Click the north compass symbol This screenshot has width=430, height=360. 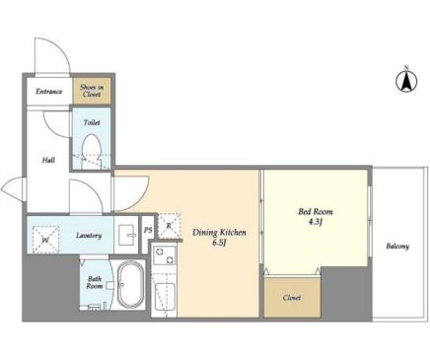tap(406, 80)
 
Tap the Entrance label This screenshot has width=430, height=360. tap(48, 92)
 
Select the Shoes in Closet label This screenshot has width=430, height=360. tap(92, 91)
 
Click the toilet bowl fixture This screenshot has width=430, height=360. tap(91, 149)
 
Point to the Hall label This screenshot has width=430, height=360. tap(48, 160)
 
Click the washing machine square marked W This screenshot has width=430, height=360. tap(45, 240)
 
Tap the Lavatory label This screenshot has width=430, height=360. tap(89, 236)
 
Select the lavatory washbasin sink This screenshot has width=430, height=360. tap(126, 235)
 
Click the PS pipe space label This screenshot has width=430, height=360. tap(148, 230)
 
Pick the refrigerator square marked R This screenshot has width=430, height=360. tap(170, 226)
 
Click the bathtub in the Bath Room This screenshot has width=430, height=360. tap(131, 285)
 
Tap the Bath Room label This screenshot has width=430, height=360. tap(95, 282)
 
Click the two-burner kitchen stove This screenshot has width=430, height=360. tap(165, 256)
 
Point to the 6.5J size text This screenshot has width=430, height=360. tap(219, 244)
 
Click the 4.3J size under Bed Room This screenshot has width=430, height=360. tap(315, 222)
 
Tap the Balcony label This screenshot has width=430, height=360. tap(397, 246)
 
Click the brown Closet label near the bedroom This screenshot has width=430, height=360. tap(292, 298)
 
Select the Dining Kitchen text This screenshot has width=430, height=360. tap(219, 233)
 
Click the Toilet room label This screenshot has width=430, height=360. tap(92, 122)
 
